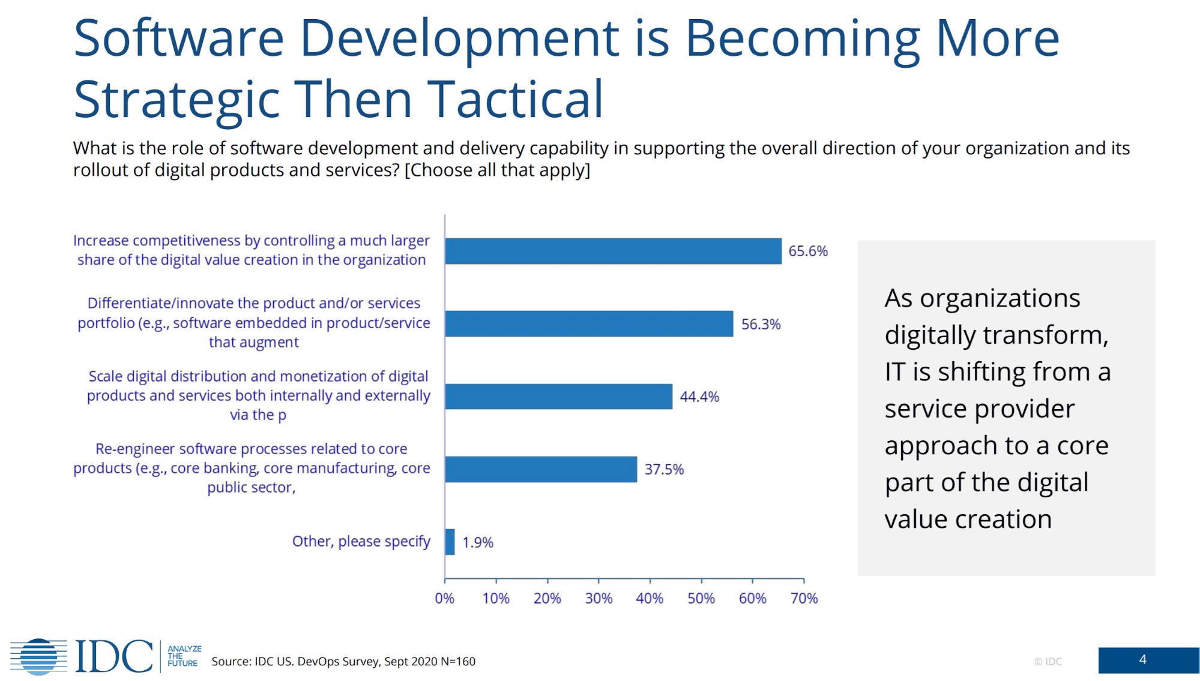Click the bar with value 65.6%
tap(613, 251)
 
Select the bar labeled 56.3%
tap(589, 324)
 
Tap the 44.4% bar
tap(558, 397)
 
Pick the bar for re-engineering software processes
tap(541, 469)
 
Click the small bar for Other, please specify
tap(450, 542)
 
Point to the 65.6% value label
tap(807, 251)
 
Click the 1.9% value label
tap(477, 542)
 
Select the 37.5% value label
tap(664, 469)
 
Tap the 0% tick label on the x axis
tap(444, 598)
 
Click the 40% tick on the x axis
tap(650, 598)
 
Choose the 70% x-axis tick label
tap(804, 598)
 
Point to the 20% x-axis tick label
tap(547, 598)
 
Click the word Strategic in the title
tap(176, 99)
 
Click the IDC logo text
tap(114, 656)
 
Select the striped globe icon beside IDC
tap(39, 656)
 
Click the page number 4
tap(1142, 659)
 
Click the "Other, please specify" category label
tap(361, 541)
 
